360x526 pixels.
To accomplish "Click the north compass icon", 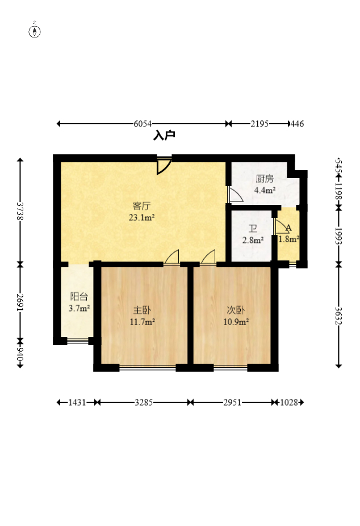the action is (35, 32).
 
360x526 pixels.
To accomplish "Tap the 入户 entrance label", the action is (164, 136).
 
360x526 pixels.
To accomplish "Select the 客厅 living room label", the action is (141, 205).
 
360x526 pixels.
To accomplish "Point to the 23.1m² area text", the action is (142, 217).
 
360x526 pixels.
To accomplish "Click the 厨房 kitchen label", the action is (265, 179).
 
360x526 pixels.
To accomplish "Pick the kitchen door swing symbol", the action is (236, 195).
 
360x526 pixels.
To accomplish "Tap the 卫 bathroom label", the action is (253, 229).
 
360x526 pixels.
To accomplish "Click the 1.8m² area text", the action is (288, 239).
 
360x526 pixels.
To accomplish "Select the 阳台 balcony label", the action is (79, 296).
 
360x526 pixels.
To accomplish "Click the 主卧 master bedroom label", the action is (142, 310).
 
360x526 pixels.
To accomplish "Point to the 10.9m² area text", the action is (236, 322).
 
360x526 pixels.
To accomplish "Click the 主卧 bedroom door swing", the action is (171, 257).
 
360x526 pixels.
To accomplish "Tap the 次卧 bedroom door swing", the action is (208, 257).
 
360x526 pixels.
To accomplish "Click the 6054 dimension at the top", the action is (143, 124).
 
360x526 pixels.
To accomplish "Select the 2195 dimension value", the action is (259, 124).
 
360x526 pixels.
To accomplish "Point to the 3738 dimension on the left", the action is (20, 211).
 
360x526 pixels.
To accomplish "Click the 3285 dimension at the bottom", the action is (144, 402).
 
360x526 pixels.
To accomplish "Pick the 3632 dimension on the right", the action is (338, 316).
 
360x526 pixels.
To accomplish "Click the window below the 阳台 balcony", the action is (78, 342).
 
